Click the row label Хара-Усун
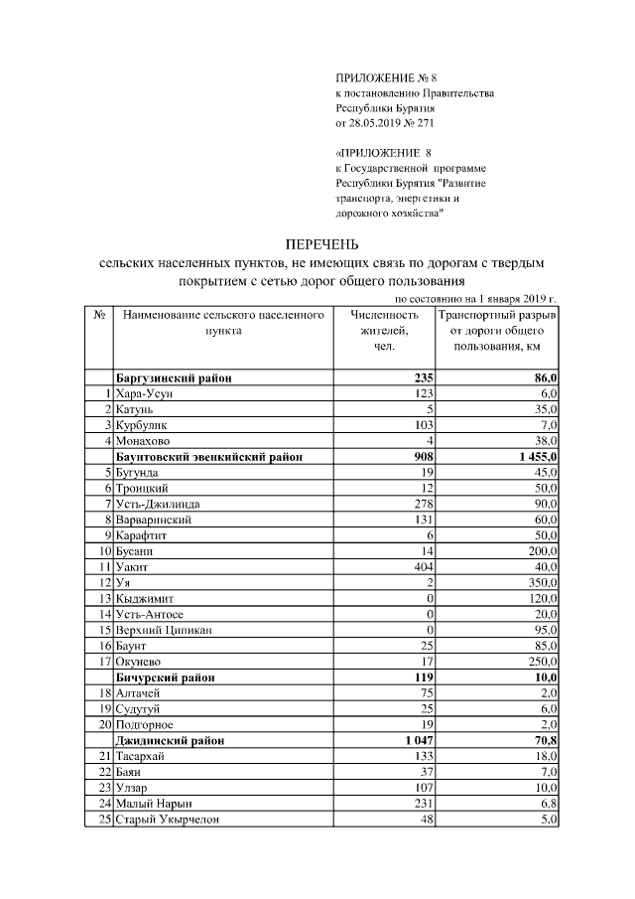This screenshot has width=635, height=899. coord(145,394)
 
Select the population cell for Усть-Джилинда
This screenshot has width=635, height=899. coord(423,504)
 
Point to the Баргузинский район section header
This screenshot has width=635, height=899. coord(175,378)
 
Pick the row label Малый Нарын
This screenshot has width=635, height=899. coord(154,803)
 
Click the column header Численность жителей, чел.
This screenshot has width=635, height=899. coord(385,330)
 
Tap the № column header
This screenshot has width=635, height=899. coord(99,315)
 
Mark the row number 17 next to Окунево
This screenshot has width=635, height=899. coord(102,661)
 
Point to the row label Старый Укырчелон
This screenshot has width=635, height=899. coord(168,819)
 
